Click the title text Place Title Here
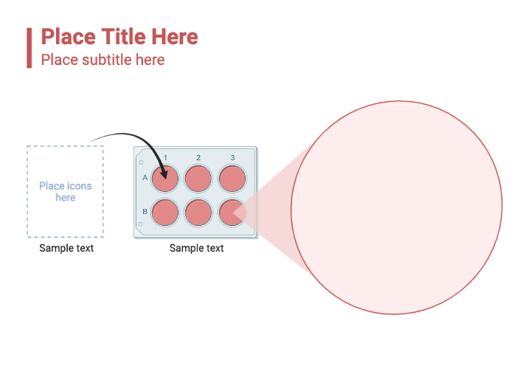coord(119,37)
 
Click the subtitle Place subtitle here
coord(103,59)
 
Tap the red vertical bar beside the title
coord(29,47)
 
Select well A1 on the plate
coord(165,179)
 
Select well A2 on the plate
coord(198,179)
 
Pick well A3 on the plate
coord(232,179)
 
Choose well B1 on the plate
coord(165,213)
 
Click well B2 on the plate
coord(198,213)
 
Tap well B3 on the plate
coord(232,213)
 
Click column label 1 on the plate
coord(166,158)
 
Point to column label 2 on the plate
coord(198,158)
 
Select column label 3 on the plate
coord(232,158)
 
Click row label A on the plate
coord(145,178)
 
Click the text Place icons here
coord(66,192)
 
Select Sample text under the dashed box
coord(66,248)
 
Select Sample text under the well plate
coord(197,248)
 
